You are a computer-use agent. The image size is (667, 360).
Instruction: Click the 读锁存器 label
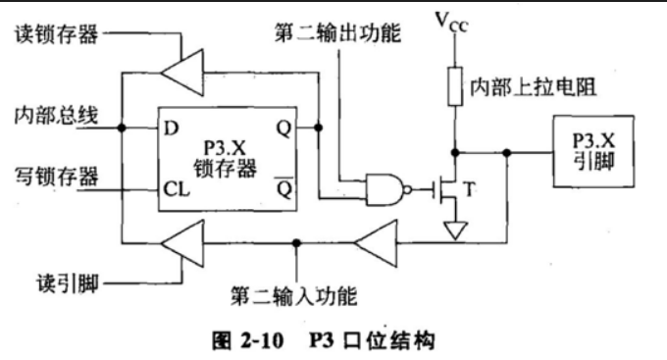pos(57,34)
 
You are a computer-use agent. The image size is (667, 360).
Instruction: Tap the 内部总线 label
pos(57,116)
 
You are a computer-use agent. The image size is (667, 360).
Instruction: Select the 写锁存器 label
pos(57,177)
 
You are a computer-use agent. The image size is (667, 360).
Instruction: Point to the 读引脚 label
pos(68,283)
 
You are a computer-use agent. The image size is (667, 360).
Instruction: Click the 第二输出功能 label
pos(337,32)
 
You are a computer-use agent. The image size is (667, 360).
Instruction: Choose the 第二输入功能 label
pos(294,295)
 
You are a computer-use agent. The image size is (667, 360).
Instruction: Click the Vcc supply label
pos(452,23)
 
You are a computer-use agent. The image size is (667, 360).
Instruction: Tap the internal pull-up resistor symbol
pos(455,86)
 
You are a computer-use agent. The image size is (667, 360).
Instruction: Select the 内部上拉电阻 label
pos(533,87)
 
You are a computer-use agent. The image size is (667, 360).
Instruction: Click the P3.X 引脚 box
pos(593,151)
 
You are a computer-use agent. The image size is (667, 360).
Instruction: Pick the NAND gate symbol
pos(388,189)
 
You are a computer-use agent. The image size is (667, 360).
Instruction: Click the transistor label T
pos(469,189)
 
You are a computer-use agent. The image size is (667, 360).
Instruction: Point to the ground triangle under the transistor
pos(455,230)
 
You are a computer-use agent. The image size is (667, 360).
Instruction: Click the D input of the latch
pos(171,129)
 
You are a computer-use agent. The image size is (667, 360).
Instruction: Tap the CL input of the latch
pos(177,189)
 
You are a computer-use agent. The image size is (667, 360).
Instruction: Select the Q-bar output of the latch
pos(284,187)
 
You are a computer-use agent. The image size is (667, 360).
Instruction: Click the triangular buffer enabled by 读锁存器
pos(182,73)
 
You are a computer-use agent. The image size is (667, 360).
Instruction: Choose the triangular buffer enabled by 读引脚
pos(182,243)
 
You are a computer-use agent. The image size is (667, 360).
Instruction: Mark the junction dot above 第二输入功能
pos(296,243)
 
